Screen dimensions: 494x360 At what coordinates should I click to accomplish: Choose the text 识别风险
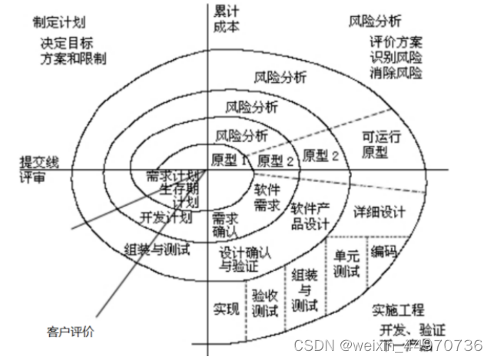(395, 58)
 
